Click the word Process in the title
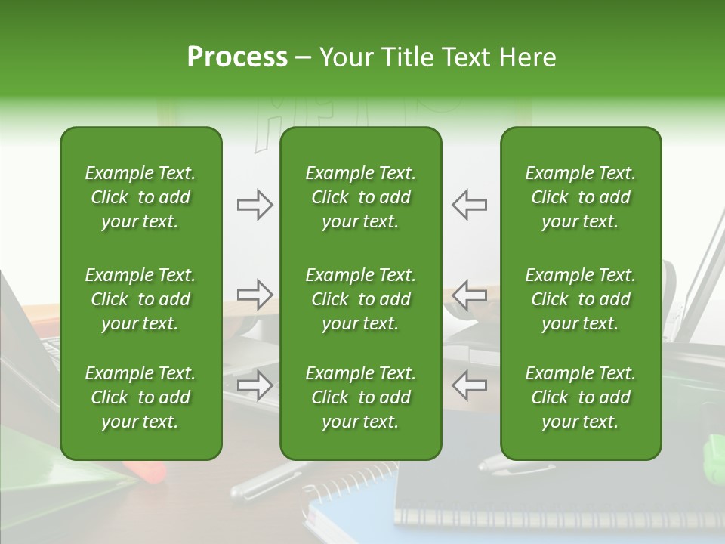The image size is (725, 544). (x=237, y=57)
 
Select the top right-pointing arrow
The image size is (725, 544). (x=255, y=205)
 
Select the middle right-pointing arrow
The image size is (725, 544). (x=255, y=295)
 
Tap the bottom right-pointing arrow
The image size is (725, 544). (x=255, y=385)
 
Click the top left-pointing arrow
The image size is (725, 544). (x=469, y=205)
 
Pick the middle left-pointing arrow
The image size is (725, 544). (x=469, y=295)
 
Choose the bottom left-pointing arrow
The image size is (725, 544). (x=469, y=385)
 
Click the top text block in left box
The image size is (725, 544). (x=140, y=197)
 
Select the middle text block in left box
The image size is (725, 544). (x=140, y=299)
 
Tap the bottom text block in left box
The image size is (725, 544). (x=140, y=397)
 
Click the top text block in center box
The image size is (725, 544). (x=360, y=197)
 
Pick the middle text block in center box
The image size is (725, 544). (x=360, y=299)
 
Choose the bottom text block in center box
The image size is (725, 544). (x=360, y=397)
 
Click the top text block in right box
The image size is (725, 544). (x=580, y=197)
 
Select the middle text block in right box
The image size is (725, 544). (x=580, y=299)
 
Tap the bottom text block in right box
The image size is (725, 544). (x=580, y=397)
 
